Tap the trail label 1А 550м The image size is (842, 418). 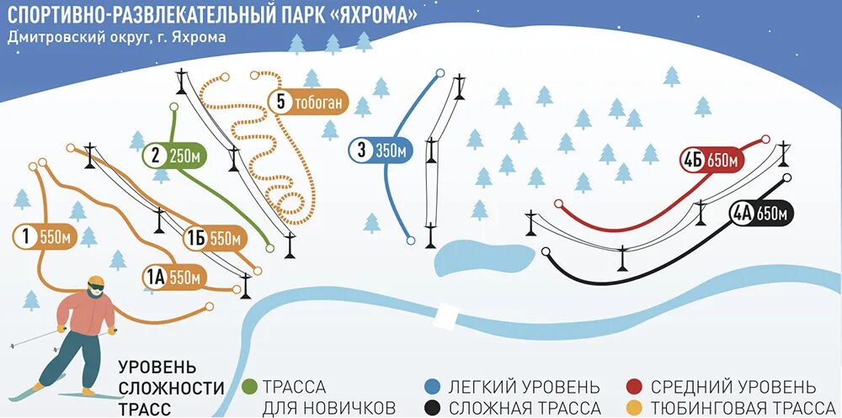coord(174,276)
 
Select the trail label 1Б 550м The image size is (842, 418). coord(215,239)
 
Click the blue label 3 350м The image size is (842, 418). coord(381,151)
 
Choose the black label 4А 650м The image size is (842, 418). coord(760,214)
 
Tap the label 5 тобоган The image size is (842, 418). coord(307,103)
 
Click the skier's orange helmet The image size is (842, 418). coord(95,283)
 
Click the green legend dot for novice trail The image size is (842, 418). coord(249,388)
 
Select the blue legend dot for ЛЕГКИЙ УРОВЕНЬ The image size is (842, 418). coord(432,388)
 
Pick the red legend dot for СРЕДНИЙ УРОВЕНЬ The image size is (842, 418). coord(636,388)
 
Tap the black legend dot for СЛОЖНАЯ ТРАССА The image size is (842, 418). coord(432,408)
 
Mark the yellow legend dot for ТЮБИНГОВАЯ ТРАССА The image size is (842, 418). coord(636,408)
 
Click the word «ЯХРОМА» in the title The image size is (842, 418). coord(370,16)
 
